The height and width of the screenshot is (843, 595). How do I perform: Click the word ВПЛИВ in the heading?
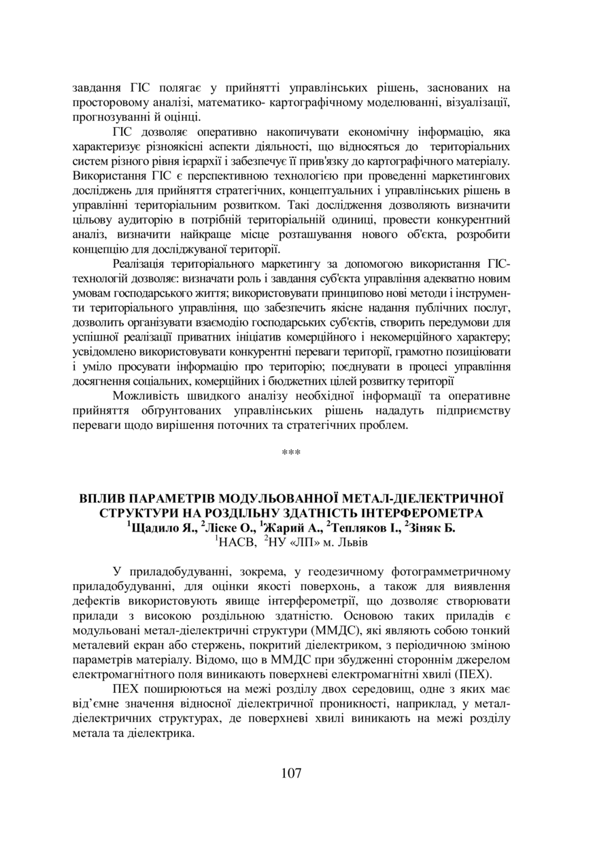[102, 498]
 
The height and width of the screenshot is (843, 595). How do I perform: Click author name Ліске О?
[224, 528]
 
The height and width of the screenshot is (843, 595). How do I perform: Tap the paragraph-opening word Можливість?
[150, 396]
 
